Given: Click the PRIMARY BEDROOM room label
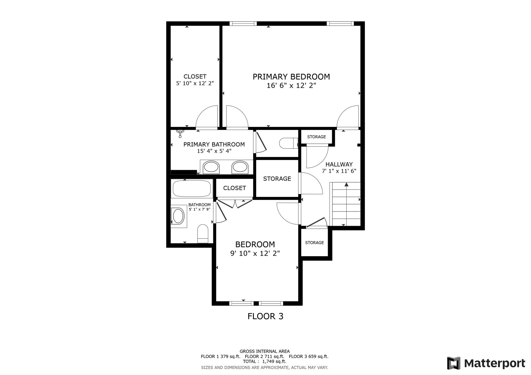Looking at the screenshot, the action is click(x=291, y=77).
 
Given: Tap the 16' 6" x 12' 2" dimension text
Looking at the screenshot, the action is click(x=291, y=85).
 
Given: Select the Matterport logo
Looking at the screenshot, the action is click(x=486, y=363).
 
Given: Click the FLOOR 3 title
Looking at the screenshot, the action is click(x=265, y=316).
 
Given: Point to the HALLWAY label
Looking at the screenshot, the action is click(x=339, y=164).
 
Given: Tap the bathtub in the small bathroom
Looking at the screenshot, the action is click(x=192, y=189).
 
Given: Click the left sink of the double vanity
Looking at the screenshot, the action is click(x=211, y=167).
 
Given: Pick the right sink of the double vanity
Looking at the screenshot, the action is click(x=240, y=167).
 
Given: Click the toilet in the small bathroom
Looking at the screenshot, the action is click(x=203, y=234).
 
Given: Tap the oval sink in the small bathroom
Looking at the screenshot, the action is click(x=179, y=216).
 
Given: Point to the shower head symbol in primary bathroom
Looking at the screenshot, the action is click(x=180, y=133).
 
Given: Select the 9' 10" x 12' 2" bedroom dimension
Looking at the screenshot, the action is click(x=255, y=253).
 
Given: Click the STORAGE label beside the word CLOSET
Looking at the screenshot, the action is click(x=277, y=179).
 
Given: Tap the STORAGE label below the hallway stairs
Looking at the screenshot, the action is click(x=315, y=243).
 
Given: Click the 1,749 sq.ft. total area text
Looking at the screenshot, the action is click(x=274, y=362).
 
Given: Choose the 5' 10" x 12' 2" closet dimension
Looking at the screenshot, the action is click(x=195, y=83).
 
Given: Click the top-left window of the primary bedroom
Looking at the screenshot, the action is click(x=243, y=24).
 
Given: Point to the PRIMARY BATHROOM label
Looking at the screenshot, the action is click(x=214, y=145).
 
